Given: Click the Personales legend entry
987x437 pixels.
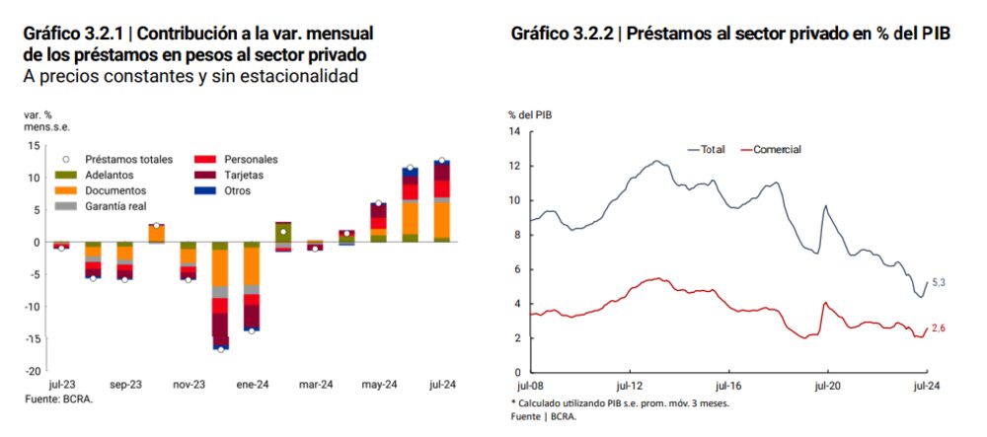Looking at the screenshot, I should [x=251, y=159].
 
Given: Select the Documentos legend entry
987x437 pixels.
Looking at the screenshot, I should [x=115, y=190].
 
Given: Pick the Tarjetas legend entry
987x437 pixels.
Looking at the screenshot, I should [x=244, y=175].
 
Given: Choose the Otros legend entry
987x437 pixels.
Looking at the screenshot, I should [x=238, y=190].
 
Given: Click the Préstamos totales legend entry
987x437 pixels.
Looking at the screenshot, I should [x=128, y=159].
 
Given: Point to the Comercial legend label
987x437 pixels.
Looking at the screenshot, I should [x=777, y=149].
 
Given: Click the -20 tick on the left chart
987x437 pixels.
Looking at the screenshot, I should [x=33, y=371].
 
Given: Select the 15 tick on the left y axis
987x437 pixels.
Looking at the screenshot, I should [x=35, y=146].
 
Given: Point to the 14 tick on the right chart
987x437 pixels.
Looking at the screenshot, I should [x=514, y=131].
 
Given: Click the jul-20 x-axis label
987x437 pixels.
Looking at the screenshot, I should [x=826, y=387].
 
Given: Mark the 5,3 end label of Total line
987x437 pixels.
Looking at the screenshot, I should [x=939, y=283].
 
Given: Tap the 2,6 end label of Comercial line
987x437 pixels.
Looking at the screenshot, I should [x=939, y=328].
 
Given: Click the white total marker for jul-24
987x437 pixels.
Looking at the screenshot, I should [x=442, y=161].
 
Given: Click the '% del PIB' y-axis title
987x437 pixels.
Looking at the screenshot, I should [x=530, y=115].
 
